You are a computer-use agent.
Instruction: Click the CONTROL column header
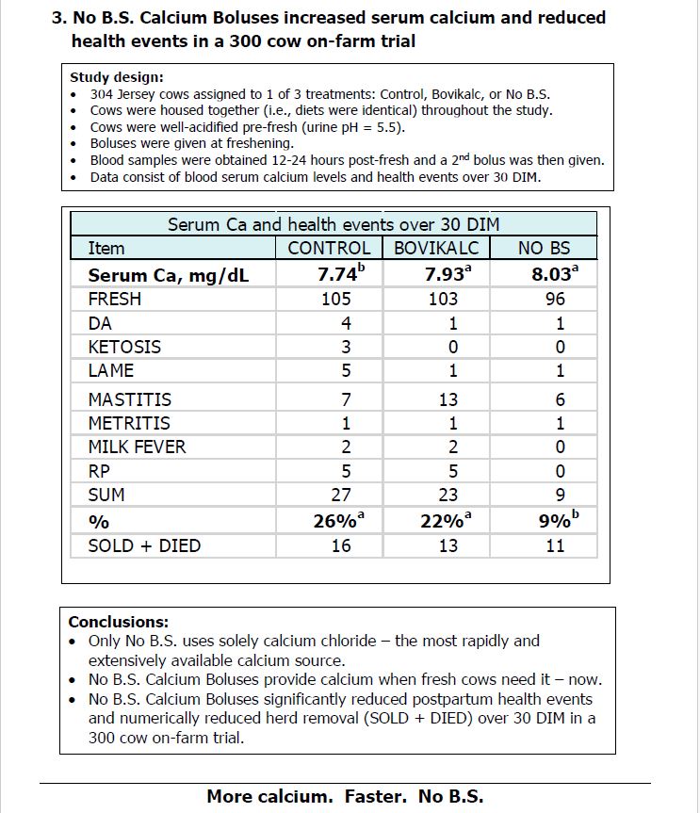[x=329, y=248]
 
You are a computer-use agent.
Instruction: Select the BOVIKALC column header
[x=436, y=248]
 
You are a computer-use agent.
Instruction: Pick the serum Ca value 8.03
[x=553, y=274]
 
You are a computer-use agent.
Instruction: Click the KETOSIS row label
[x=124, y=347]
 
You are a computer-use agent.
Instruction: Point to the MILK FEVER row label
[x=137, y=447]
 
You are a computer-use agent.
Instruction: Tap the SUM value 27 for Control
[x=340, y=495]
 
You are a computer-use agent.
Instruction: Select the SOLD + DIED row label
[x=144, y=545]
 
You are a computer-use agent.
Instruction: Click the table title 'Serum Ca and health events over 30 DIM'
[x=334, y=224]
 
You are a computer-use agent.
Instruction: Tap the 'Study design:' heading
[x=117, y=77]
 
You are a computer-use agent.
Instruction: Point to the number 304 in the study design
[x=103, y=94]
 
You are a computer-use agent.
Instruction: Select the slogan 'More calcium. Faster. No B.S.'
[x=345, y=796]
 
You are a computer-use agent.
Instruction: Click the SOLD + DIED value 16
[x=340, y=545]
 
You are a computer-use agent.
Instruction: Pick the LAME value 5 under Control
[x=346, y=370]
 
